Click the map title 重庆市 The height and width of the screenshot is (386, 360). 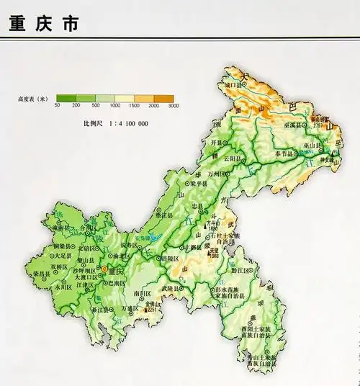pos(45,23)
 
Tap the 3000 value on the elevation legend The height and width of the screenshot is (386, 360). pos(172,106)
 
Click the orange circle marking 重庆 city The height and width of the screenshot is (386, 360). pos(104,269)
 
